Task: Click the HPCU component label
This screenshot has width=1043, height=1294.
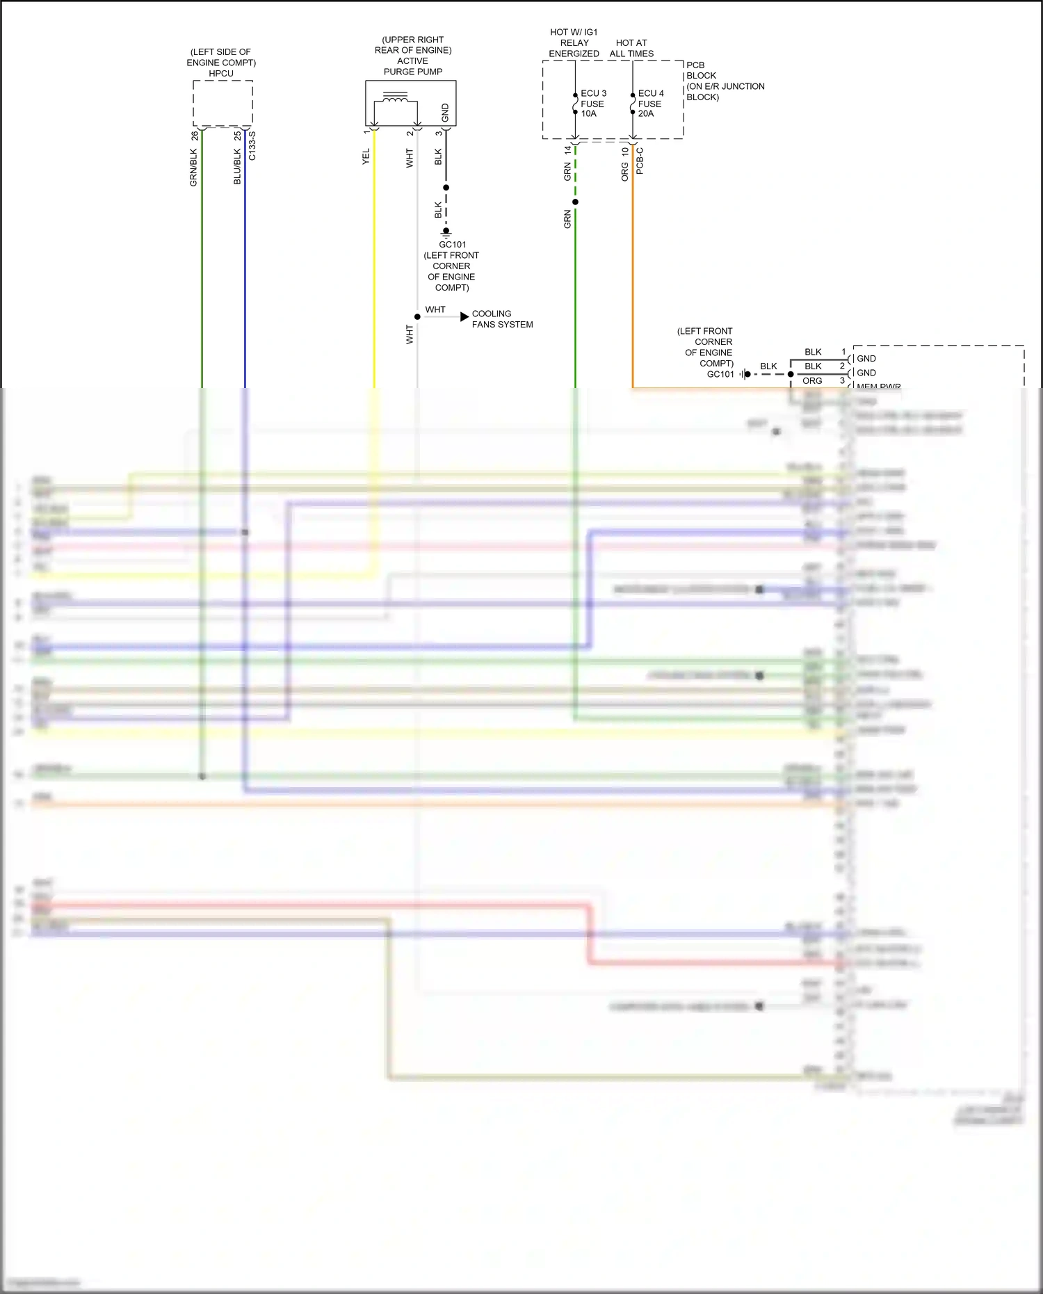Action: point(221,73)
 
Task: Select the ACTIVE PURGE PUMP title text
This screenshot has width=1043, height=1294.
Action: point(412,66)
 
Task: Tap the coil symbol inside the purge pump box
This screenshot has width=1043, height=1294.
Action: point(396,99)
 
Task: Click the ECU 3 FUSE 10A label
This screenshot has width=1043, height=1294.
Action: point(593,104)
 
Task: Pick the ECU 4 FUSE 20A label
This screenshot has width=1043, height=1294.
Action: point(650,104)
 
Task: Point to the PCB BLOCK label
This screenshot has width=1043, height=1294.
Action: point(701,70)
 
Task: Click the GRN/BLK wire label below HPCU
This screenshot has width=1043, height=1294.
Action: point(194,168)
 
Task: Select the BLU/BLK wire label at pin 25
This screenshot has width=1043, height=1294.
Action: point(237,166)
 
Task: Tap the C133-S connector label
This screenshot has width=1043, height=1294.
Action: point(252,146)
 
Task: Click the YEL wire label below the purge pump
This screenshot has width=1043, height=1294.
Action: point(366,156)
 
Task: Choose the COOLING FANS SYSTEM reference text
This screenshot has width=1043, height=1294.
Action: point(502,319)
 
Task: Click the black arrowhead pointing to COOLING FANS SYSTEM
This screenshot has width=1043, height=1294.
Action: point(464,317)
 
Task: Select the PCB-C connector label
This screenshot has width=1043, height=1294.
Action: point(640,161)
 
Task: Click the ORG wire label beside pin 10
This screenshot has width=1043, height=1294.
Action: point(624,172)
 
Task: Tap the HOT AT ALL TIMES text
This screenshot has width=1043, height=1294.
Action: point(631,48)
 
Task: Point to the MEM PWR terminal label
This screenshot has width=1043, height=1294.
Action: point(878,386)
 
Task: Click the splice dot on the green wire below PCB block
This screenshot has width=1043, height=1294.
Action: point(575,202)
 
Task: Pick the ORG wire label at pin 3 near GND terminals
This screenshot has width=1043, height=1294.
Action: point(812,381)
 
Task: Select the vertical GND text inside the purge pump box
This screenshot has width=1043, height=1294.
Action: point(445,112)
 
